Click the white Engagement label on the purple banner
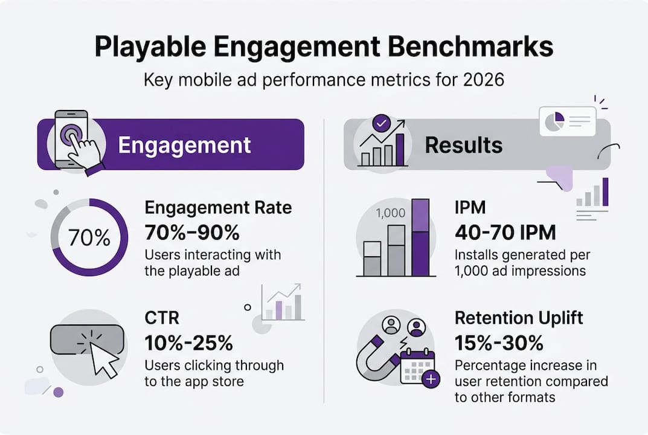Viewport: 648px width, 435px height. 184,145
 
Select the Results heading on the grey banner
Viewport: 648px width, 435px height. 463,145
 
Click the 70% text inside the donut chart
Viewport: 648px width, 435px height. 89,237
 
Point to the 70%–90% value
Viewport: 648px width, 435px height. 192,232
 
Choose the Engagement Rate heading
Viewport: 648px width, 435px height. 218,208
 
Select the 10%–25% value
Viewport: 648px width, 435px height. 188,343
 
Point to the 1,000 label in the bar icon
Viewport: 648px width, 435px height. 391,213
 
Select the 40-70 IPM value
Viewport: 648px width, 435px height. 505,232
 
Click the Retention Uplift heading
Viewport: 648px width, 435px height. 519,318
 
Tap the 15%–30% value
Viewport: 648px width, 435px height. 499,343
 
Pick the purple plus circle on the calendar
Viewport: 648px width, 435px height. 431,379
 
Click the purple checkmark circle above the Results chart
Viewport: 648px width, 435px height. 382,124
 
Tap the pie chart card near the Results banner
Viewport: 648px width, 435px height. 566,122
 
